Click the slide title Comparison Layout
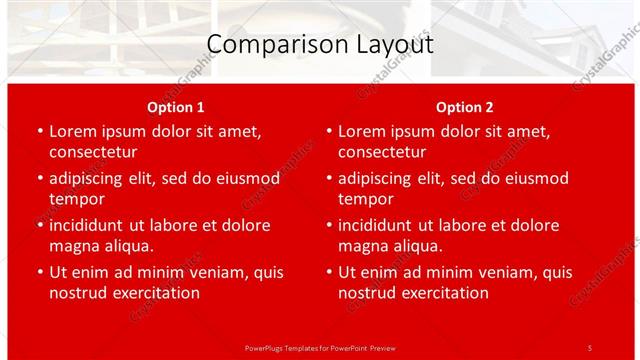tap(319, 45)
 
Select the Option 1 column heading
tap(176, 107)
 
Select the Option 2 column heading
tap(465, 107)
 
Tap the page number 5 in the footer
tap(589, 347)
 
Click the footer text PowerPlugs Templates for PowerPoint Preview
tap(319, 347)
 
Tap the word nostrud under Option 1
tap(77, 293)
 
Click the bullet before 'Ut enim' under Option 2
tap(329, 272)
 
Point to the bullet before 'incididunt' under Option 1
tap(40, 225)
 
